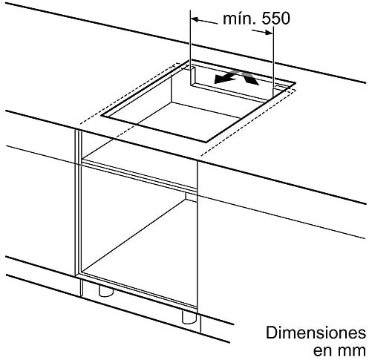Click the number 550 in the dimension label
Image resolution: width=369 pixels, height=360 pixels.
275,19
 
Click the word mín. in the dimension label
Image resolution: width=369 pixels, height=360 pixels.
239,19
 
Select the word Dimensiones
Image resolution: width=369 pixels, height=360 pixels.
316,333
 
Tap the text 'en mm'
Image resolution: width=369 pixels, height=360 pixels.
339,350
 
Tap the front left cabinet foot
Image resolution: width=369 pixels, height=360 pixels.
105,290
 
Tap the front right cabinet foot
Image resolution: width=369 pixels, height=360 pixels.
189,317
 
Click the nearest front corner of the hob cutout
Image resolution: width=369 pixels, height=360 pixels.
206,143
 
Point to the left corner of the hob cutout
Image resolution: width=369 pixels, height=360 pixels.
101,116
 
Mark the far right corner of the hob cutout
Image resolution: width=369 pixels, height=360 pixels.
295,83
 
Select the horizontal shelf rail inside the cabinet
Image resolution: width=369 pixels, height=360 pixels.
140,175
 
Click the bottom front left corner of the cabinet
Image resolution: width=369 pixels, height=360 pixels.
75,276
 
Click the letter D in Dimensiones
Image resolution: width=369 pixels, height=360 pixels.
271,333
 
